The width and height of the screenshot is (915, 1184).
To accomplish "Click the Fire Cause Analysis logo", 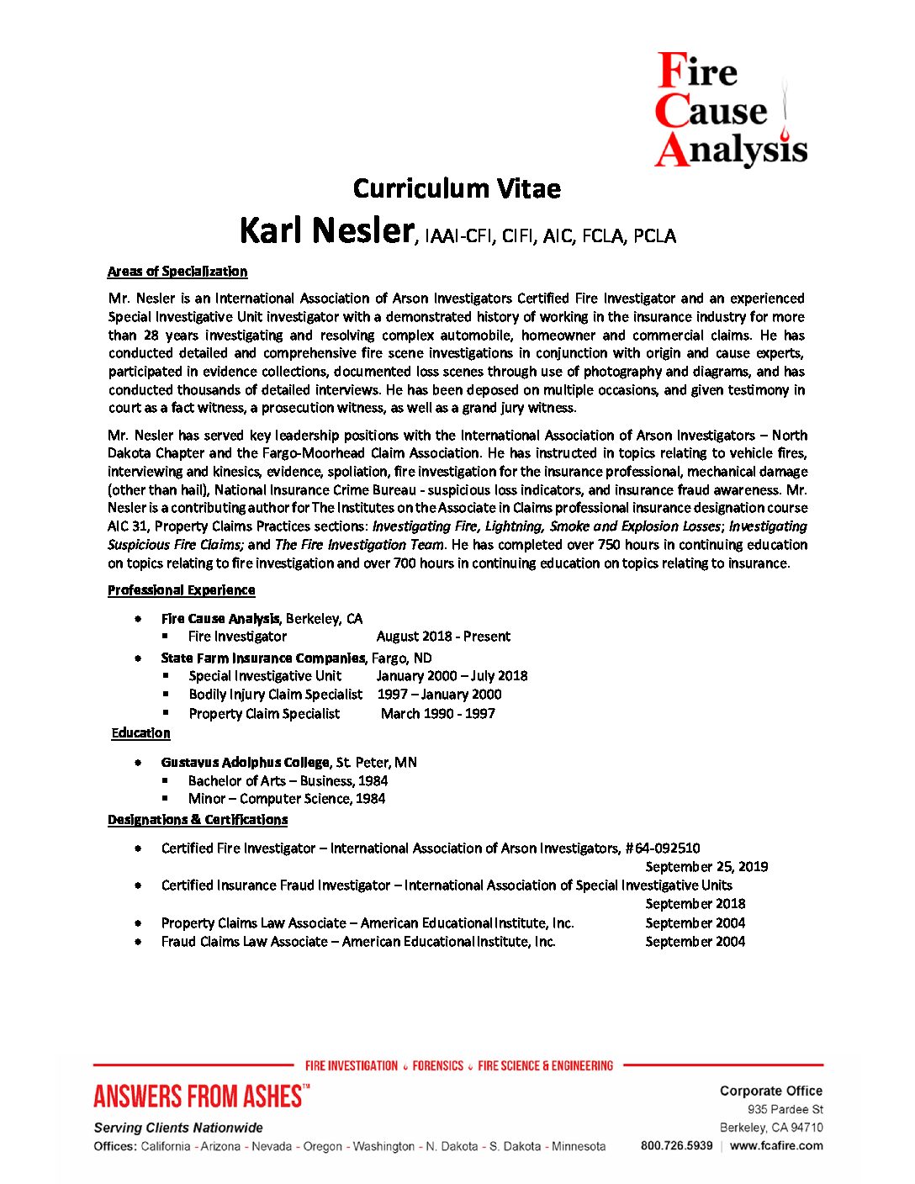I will (730, 109).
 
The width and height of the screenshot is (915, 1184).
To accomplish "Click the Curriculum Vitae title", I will (457, 188).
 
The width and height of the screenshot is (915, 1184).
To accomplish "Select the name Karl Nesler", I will (326, 230).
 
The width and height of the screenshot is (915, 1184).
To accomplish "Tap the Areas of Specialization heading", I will (177, 272).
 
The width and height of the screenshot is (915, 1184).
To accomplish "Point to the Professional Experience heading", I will (181, 590).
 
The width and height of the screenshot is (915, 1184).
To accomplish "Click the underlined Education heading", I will (141, 733).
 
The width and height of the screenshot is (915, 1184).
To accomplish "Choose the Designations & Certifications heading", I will (198, 820).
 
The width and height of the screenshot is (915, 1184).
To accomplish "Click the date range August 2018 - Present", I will (443, 637).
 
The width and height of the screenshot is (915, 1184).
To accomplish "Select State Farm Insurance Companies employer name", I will (263, 658).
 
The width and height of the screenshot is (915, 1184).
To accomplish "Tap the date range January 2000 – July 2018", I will (452, 676).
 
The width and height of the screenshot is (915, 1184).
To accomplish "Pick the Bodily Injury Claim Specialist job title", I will (276, 695).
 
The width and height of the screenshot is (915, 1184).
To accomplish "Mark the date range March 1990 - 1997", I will (437, 714).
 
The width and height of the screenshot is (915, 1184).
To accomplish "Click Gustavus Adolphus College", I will (245, 763).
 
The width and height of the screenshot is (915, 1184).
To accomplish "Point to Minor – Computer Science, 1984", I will (287, 799).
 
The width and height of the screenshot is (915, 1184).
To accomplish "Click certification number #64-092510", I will (663, 848).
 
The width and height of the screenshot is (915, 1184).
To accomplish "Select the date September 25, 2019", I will (706, 867).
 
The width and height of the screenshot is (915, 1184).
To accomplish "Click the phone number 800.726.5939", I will (676, 1145).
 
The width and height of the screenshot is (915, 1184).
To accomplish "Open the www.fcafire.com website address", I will (776, 1145).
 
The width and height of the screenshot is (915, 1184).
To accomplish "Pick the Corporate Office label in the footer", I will (770, 1091).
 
